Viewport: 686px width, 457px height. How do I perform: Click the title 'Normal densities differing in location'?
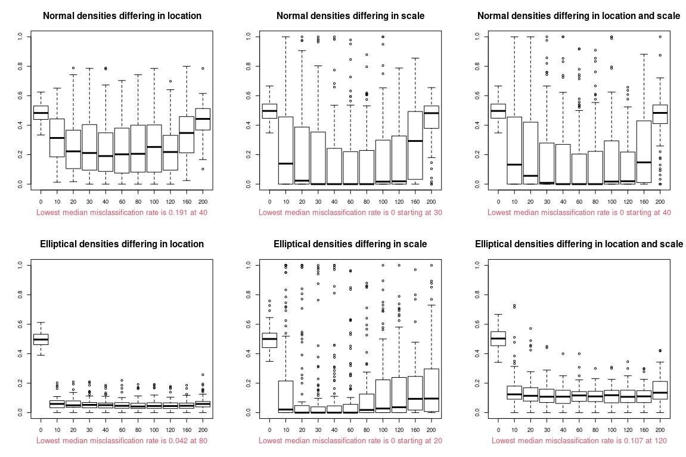pyautogui.click(x=122, y=16)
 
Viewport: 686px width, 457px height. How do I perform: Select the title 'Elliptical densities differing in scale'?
pyautogui.click(x=350, y=244)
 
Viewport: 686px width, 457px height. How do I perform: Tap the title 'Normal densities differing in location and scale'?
pyautogui.click(x=579, y=16)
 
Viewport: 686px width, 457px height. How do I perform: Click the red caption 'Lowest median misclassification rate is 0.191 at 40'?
pyautogui.click(x=122, y=212)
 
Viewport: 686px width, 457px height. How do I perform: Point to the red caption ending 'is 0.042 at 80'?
pyautogui.click(x=122, y=440)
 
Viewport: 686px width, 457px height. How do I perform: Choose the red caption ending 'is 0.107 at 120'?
pyautogui.click(x=579, y=440)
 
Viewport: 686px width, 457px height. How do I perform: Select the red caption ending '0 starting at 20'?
pyautogui.click(x=350, y=440)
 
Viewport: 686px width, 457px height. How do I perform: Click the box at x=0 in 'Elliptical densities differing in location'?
pyautogui.click(x=41, y=339)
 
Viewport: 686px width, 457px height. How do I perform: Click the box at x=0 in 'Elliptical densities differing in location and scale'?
pyautogui.click(x=498, y=338)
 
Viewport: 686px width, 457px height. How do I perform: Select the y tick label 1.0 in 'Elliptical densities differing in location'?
pyautogui.click(x=20, y=265)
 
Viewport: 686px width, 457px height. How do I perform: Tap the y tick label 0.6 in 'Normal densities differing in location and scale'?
pyautogui.click(x=477, y=95)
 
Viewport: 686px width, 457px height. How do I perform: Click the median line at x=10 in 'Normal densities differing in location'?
pyautogui.click(x=57, y=138)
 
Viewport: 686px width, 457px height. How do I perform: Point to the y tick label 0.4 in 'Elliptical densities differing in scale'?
pyautogui.click(x=249, y=353)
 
